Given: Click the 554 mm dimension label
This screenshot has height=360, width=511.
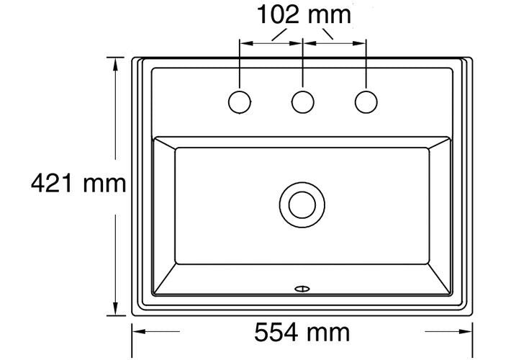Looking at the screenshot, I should pos(302,332).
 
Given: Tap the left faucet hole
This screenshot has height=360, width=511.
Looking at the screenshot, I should pos(240,102).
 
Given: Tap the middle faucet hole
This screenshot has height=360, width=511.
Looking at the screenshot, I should pos(302,102).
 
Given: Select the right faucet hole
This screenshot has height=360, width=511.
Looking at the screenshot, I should pos(366,102).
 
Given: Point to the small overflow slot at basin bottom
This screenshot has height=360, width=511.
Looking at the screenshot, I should pos(302,289).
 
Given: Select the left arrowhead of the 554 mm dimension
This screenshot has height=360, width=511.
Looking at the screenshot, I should pos(138,332).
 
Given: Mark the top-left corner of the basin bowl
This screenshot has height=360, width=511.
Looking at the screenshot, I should pos(153,136).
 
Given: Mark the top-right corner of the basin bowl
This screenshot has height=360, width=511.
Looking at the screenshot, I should pos(453,136).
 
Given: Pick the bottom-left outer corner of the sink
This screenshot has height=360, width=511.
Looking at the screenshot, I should pos(134,315).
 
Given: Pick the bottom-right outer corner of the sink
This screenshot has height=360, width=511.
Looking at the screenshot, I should pos(473,315).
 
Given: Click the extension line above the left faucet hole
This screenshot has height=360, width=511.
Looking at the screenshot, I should pos(240,65).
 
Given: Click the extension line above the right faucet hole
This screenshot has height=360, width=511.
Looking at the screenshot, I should pos(366,65).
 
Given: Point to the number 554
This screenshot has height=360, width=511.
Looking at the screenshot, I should pos(278,332).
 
